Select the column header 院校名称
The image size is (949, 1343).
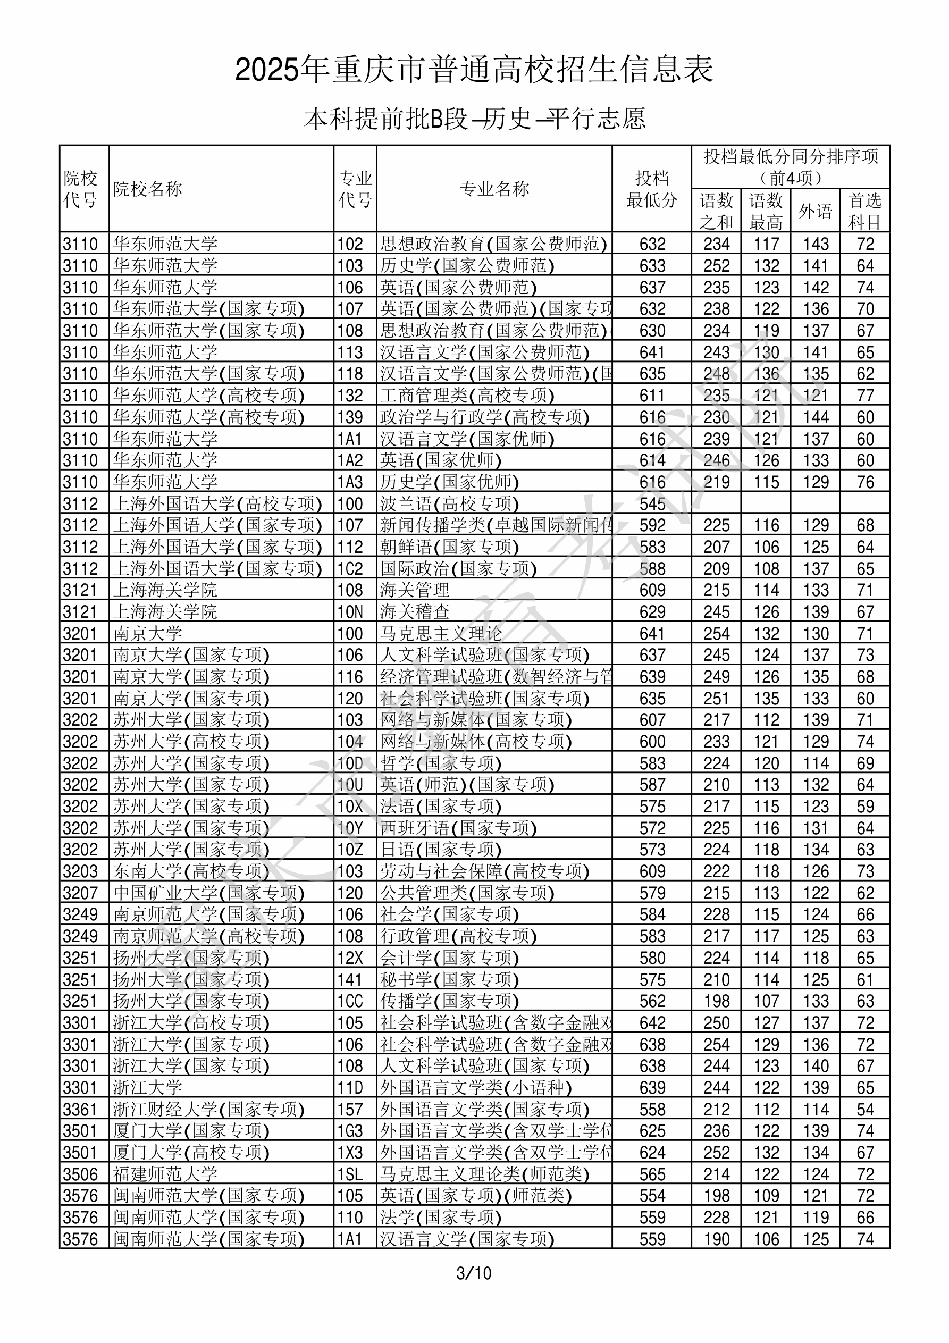pos(147,189)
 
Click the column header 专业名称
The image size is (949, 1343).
pos(494,189)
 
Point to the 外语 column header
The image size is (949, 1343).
pos(815,211)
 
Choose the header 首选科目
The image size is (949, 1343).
pos(865,211)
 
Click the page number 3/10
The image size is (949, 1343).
pos(474,1273)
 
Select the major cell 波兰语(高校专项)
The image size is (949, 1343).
pos(449,503)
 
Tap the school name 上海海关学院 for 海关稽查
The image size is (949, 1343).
pos(165,612)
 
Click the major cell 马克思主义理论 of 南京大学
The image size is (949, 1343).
pos(441,633)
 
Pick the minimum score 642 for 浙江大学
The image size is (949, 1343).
pos(652,1023)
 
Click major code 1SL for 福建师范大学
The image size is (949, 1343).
pos(350,1174)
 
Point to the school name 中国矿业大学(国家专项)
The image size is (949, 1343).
pos(209,893)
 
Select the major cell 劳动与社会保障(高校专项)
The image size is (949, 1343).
pos(484,871)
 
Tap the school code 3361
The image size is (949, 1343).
pos(80,1110)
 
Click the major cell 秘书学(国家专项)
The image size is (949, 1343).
pos(449,980)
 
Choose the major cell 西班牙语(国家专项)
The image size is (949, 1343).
pos(458,828)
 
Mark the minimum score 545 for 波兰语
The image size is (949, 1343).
pos(652,503)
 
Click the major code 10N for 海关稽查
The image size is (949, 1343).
pos(350,612)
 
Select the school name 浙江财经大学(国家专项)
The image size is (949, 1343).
pos(209,1110)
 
